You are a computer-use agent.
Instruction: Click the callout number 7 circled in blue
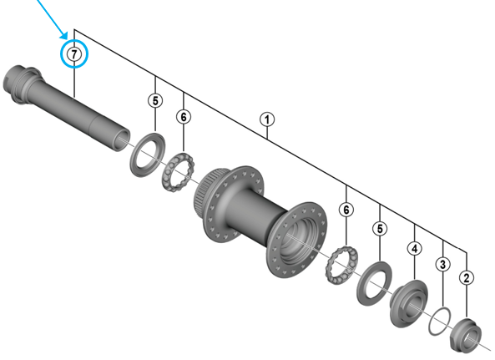click(x=73, y=54)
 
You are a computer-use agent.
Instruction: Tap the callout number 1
click(x=267, y=119)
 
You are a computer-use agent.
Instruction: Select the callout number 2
click(x=467, y=277)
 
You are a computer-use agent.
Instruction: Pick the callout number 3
click(x=442, y=264)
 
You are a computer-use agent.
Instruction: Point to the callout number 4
click(x=415, y=248)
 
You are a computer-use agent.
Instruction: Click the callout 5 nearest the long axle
click(x=155, y=101)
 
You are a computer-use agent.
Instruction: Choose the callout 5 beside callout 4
click(x=380, y=229)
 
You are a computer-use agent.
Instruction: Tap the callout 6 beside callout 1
click(x=184, y=117)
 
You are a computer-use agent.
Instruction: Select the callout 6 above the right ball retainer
click(x=346, y=210)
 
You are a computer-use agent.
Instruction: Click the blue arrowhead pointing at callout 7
click(x=64, y=35)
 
